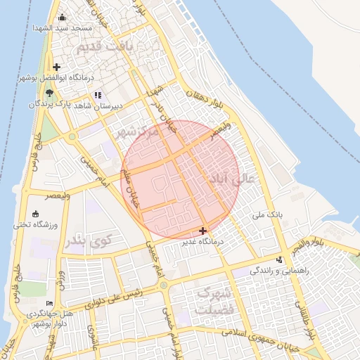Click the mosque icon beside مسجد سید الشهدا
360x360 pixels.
(62, 18)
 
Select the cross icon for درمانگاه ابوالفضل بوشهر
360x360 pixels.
(56, 67)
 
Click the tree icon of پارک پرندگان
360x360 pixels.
(49, 93)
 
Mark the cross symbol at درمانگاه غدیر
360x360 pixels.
(203, 231)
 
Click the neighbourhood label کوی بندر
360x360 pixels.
(88, 240)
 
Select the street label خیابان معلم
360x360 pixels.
(131, 188)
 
